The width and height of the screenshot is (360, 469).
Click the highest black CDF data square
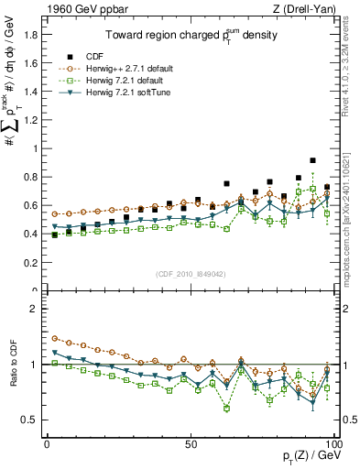(x=313, y=160)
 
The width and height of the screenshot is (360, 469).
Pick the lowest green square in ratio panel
(x=226, y=408)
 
